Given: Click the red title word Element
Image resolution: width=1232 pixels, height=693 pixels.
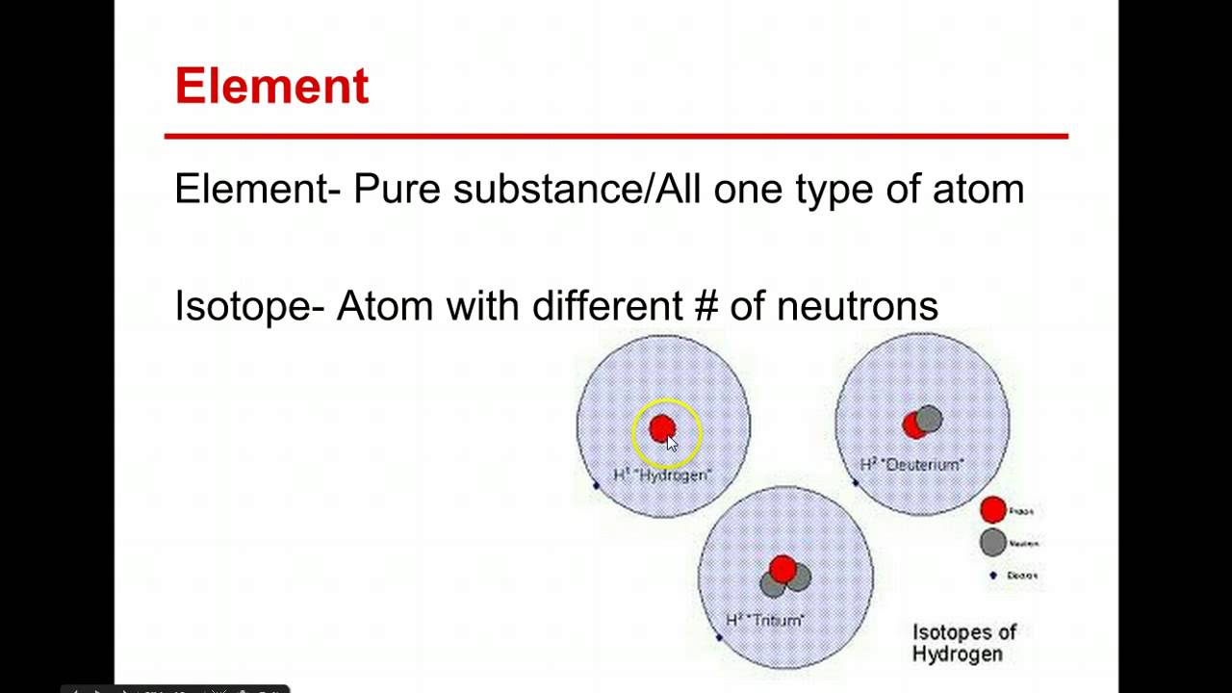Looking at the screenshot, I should tap(271, 86).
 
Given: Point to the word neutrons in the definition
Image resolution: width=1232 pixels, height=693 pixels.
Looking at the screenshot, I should tap(857, 306).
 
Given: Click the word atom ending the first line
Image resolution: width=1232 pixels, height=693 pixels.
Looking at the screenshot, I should tap(978, 189).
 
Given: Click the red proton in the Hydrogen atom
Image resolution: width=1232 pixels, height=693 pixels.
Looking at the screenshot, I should tap(662, 428).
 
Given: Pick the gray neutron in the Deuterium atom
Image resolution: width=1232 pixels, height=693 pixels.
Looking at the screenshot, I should tap(929, 419).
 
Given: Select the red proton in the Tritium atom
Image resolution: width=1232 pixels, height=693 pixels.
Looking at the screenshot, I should tap(783, 570).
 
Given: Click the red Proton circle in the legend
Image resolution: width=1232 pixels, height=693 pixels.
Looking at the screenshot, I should tap(992, 510).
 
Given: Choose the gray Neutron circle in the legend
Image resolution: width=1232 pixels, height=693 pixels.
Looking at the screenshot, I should tap(992, 542).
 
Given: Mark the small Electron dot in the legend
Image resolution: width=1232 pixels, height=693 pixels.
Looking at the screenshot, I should tap(993, 576).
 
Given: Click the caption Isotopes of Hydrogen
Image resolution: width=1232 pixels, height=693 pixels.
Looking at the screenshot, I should tap(963, 643).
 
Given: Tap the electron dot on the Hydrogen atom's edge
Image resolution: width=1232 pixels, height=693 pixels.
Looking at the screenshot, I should tap(596, 485).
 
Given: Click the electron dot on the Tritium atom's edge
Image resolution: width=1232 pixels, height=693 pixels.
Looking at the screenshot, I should tap(719, 637).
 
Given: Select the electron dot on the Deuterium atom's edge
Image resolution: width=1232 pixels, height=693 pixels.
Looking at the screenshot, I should tap(856, 482).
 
